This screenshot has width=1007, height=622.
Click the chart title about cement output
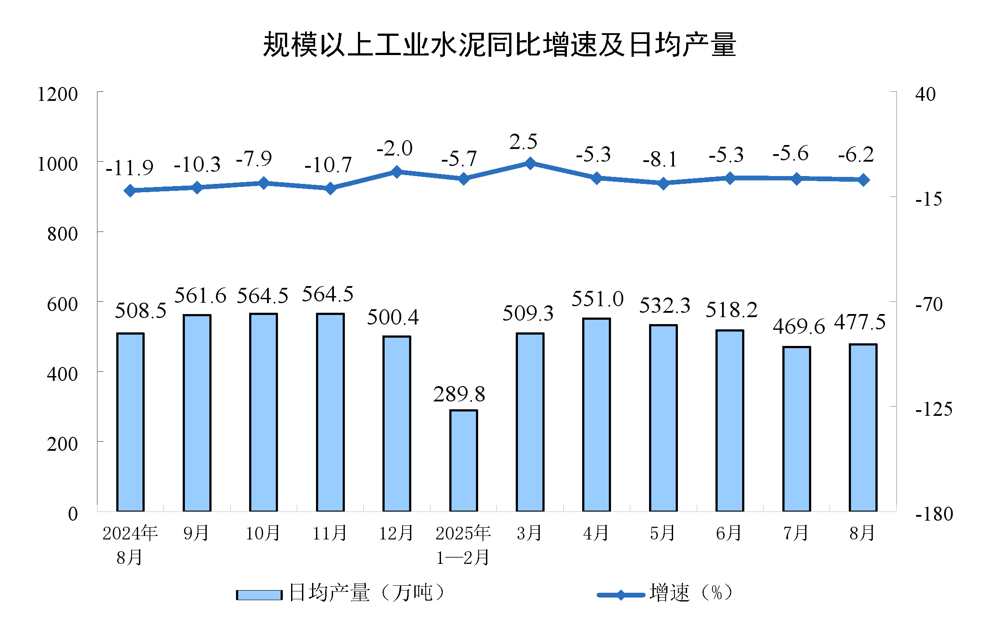pyautogui.click(x=499, y=45)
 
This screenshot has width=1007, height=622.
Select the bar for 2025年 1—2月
pyautogui.click(x=464, y=460)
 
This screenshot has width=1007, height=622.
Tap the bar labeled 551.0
pyautogui.click(x=597, y=415)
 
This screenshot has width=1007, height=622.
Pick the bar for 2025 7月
pyautogui.click(x=796, y=428)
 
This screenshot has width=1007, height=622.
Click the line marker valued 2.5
pyautogui.click(x=530, y=163)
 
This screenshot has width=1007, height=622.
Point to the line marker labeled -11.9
pyautogui.click(x=130, y=190)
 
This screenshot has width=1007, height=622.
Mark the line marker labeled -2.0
pyautogui.click(x=397, y=172)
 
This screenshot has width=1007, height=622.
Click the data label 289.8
pyautogui.click(x=459, y=394)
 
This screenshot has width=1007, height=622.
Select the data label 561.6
pyautogui.click(x=200, y=296)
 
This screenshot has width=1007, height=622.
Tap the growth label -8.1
pyautogui.click(x=660, y=159)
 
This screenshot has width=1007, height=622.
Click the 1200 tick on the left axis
pyautogui.click(x=57, y=94)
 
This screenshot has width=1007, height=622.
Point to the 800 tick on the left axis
pyautogui.click(x=63, y=234)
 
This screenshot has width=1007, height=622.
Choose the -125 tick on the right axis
pyautogui.click(x=934, y=409)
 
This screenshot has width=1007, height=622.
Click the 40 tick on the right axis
pyautogui.click(x=925, y=94)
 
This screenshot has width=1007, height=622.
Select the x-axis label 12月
pyautogui.click(x=396, y=533)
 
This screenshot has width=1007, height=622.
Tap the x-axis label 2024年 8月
pyautogui.click(x=130, y=545)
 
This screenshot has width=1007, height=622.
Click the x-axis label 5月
pyautogui.click(x=663, y=533)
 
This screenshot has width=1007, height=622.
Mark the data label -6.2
pyautogui.click(x=856, y=155)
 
